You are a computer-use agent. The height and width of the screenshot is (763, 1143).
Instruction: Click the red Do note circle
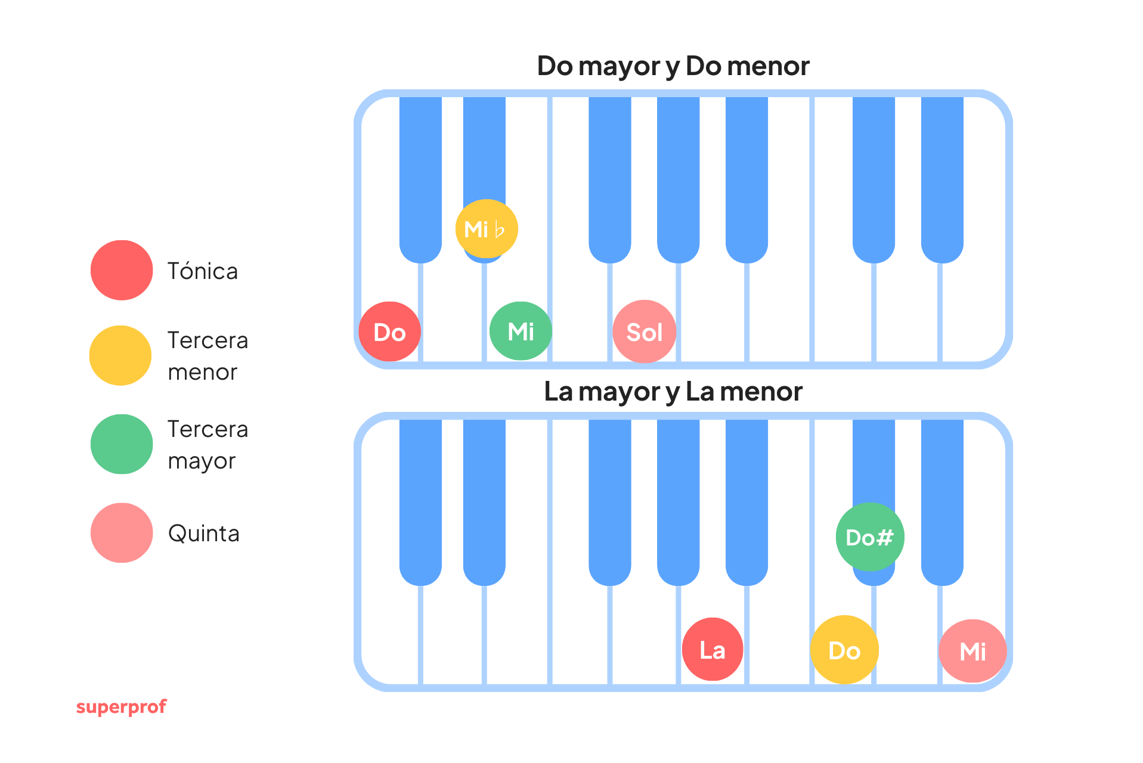tap(389, 331)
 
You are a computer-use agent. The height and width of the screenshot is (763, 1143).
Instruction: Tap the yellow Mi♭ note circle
tap(486, 229)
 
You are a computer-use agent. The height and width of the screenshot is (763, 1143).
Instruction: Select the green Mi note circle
tap(521, 331)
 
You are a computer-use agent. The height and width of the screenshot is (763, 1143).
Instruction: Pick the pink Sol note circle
tap(644, 331)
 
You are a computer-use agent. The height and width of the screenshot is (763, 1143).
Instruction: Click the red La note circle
tap(713, 649)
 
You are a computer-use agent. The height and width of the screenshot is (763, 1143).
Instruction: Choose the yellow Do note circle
tap(844, 650)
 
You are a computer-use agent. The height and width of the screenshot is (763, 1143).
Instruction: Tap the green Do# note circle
tap(869, 537)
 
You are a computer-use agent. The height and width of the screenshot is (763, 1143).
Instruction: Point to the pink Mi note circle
tap(972, 651)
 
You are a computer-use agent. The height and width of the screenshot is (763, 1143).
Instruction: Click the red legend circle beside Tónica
tap(122, 270)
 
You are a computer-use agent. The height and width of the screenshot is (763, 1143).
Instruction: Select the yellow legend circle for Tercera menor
tap(120, 355)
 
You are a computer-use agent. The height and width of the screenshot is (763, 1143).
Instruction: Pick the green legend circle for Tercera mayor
tap(122, 444)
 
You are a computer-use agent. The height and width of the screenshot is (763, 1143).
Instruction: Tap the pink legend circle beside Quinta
tap(122, 533)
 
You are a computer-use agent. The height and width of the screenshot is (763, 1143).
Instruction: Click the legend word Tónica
tap(203, 271)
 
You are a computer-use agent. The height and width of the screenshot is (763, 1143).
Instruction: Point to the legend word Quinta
tap(204, 534)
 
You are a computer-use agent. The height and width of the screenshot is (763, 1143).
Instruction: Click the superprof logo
tap(122, 707)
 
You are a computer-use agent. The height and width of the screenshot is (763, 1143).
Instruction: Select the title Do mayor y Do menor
tap(673, 66)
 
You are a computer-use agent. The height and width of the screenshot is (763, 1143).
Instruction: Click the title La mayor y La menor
tap(673, 392)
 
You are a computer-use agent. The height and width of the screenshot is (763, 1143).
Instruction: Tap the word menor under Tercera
tap(203, 373)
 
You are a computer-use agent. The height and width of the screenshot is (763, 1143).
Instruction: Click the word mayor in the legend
tap(202, 461)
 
